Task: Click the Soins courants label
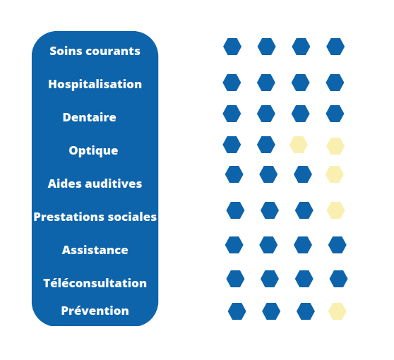point(95,51)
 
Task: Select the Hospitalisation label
point(95,84)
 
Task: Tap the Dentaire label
point(89,117)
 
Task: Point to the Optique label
point(93,151)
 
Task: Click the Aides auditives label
point(95,184)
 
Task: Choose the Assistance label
point(95,250)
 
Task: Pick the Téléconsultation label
point(95,283)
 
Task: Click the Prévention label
point(95,311)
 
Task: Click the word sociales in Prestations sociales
point(132,217)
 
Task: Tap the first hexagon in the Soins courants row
point(232,47)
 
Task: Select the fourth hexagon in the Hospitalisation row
point(335,83)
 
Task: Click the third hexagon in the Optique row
point(299,145)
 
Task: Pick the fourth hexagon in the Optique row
point(335,146)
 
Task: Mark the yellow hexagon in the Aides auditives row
point(335,174)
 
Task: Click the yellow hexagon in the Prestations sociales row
point(335,210)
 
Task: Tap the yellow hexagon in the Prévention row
point(338,311)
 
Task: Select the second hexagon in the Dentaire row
point(266,114)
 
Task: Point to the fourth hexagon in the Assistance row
point(338,245)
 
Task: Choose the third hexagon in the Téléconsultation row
point(304,279)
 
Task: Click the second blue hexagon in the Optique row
point(266,145)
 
